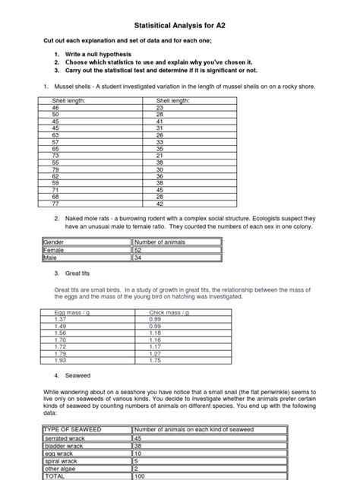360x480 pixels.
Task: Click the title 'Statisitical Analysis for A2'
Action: tap(180, 24)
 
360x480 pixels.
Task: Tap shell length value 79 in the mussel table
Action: tap(55, 169)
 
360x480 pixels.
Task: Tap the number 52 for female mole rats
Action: tap(138, 249)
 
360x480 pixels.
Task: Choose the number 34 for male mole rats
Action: tap(138, 257)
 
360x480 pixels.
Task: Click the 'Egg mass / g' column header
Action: tap(72, 312)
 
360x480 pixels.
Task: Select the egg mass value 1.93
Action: tap(61, 360)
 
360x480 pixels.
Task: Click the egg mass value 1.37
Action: tap(61, 319)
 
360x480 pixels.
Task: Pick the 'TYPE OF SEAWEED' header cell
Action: tap(73, 430)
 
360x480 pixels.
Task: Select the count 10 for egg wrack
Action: tap(138, 454)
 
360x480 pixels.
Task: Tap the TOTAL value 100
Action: tap(141, 477)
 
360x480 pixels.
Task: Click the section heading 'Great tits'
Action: tap(78, 273)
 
